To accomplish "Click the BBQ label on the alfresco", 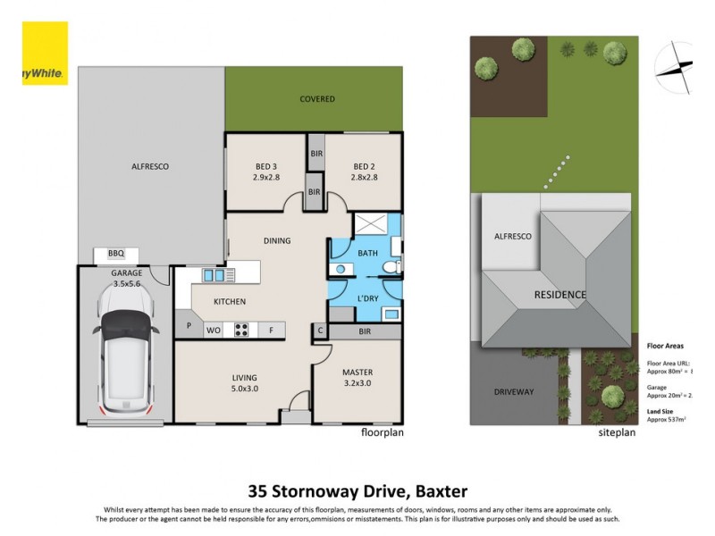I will [x=115, y=254].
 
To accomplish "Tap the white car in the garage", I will [x=126, y=361].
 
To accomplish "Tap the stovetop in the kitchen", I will [x=241, y=330].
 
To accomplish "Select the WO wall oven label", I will [x=214, y=330].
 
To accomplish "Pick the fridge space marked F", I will [x=271, y=330].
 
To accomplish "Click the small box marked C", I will [x=320, y=331].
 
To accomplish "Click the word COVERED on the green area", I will [x=316, y=99].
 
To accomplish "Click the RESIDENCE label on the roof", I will [x=560, y=295].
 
